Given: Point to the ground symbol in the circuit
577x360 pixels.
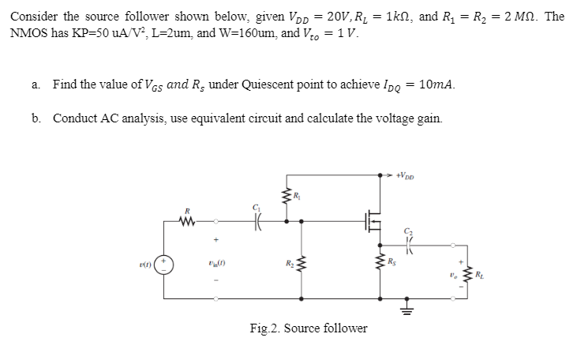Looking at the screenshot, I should click(x=408, y=303).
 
